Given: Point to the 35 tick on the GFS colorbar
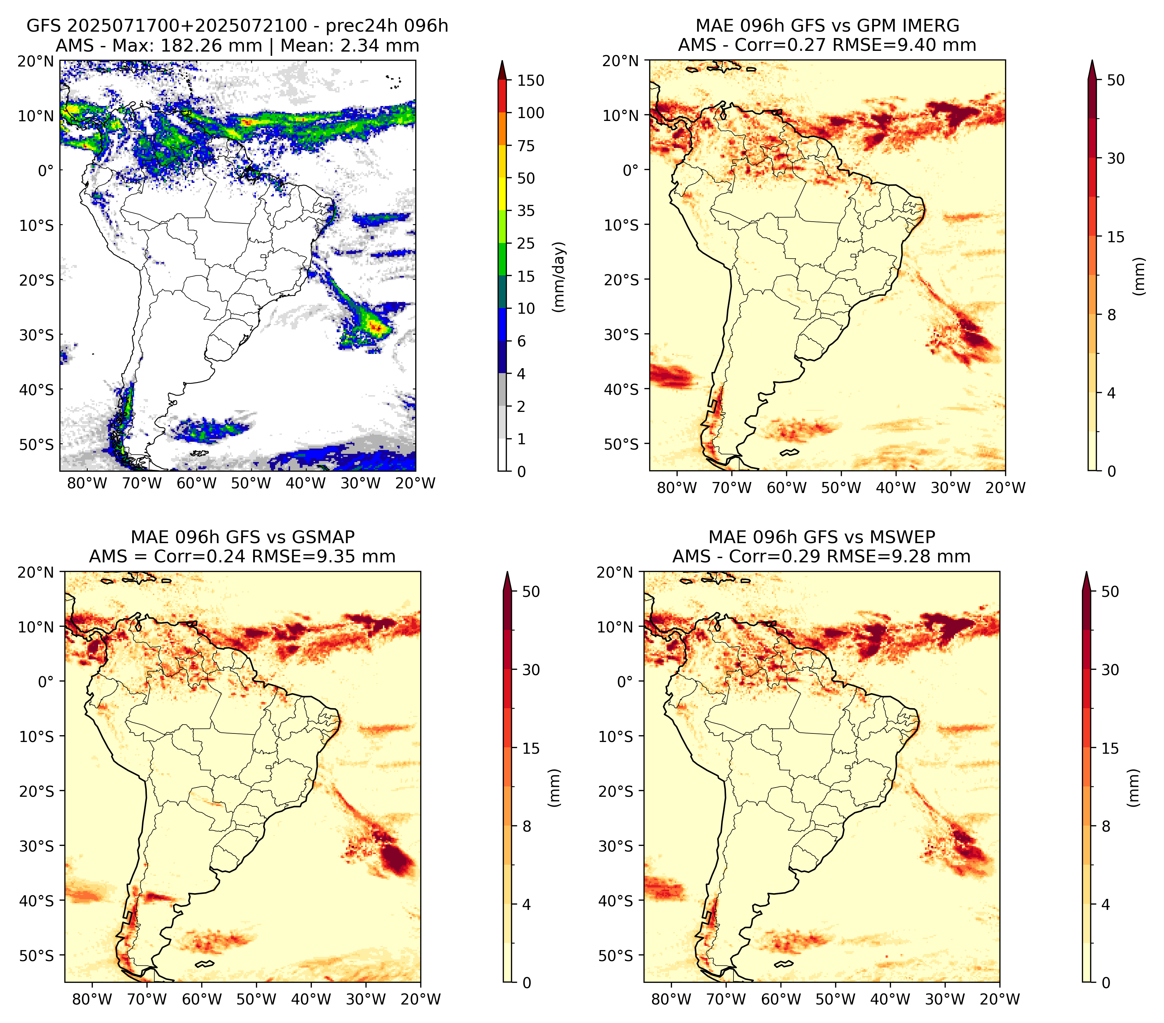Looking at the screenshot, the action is tap(526, 211).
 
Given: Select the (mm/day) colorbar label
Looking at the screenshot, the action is tap(560, 277).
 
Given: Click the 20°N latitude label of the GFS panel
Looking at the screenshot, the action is tap(36, 61).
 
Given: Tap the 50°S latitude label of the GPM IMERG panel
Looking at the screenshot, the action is tap(621, 444).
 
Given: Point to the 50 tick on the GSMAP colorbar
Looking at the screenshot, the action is tap(531, 592).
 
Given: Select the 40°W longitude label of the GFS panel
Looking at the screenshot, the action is tap(306, 483).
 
